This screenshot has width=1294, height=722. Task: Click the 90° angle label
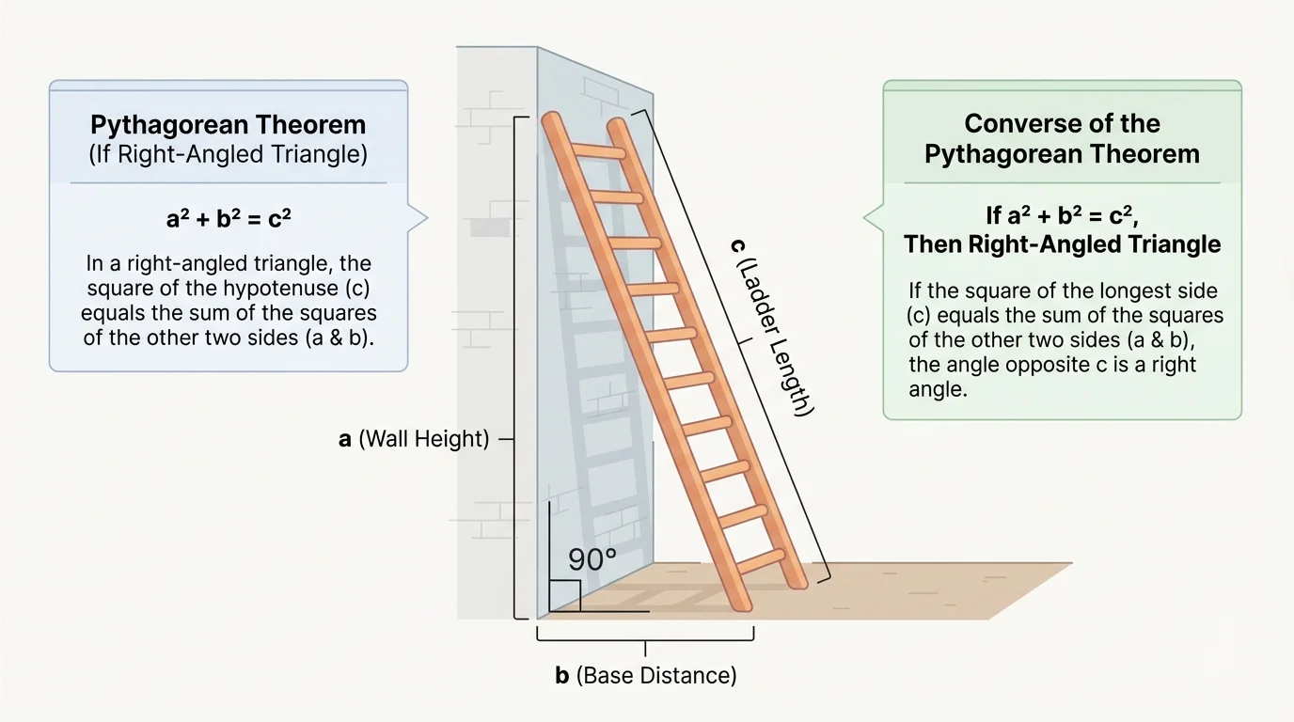pos(592,559)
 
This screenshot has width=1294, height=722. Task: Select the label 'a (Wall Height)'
pos(415,439)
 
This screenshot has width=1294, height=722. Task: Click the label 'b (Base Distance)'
pos(645,675)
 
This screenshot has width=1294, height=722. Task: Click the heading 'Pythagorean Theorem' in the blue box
pos(228,125)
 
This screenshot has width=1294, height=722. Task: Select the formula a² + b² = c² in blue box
pos(228,220)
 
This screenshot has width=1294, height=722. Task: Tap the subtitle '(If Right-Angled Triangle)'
pos(228,154)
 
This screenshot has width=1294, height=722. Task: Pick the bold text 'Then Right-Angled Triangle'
pos(1062,245)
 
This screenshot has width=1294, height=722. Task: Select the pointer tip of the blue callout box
pos(427,218)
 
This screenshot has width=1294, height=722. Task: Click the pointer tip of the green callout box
pos(865,218)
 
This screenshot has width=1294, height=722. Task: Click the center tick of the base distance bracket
pos(645,648)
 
